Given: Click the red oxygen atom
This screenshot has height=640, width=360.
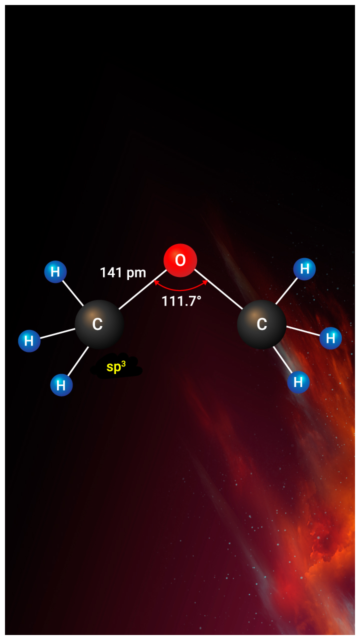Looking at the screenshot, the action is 180,260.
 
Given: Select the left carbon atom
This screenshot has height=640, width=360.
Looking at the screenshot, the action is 99,324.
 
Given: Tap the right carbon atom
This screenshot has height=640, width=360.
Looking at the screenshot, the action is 261,324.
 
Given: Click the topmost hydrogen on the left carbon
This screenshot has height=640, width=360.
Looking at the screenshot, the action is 55,271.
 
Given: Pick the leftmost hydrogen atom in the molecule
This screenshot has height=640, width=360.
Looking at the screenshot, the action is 29,341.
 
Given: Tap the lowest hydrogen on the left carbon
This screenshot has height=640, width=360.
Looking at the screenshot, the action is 61,385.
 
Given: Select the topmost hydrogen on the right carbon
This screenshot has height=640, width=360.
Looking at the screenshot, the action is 304,269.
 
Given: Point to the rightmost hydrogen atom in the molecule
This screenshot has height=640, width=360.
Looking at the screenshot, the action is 330,338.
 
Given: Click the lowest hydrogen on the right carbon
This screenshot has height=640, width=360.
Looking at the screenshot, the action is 298,382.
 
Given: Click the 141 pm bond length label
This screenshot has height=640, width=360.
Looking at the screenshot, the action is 123,273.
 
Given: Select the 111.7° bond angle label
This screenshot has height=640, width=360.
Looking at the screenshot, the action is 181,301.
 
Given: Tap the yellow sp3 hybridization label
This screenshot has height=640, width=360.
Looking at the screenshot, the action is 116,366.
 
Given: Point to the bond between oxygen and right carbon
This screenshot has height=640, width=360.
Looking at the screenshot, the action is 218,289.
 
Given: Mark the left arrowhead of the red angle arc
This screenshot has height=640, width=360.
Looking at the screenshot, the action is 156,282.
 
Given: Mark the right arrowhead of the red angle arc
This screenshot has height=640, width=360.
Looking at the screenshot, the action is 205,282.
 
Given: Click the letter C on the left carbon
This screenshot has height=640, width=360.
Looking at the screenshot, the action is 97,324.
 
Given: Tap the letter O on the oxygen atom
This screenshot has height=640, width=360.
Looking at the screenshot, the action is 180,260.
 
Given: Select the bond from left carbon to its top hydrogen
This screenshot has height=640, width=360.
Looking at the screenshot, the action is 73,293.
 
